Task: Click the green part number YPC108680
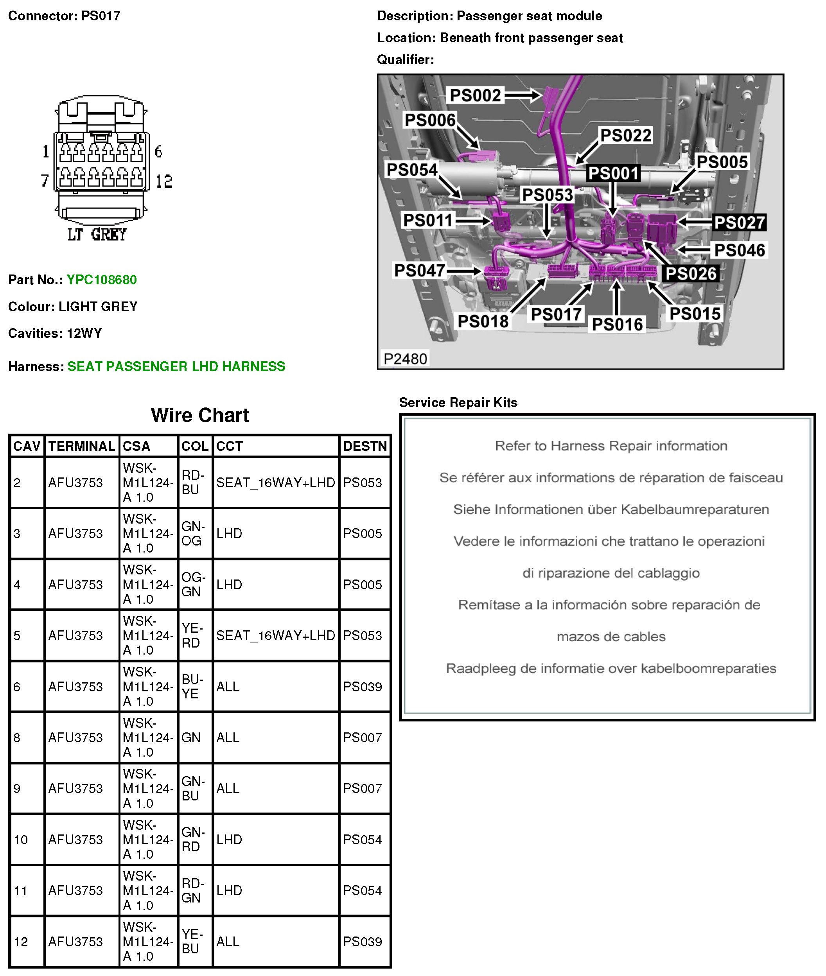pos(102,280)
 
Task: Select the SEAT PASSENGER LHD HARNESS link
pos(176,366)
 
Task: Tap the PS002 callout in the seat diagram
pos(475,95)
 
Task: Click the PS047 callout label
pos(420,271)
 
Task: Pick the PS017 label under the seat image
pos(556,314)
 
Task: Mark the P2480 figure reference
pos(405,359)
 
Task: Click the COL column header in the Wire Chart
pos(195,446)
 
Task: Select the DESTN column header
pos(365,446)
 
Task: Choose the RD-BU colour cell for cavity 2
pos(193,482)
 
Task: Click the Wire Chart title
pos(200,415)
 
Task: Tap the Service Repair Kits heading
pos(458,403)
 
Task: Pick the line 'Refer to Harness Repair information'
pos(611,446)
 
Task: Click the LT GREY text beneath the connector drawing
pos(97,235)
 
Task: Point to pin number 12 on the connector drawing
pos(164,181)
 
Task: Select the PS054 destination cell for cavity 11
pos(363,890)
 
